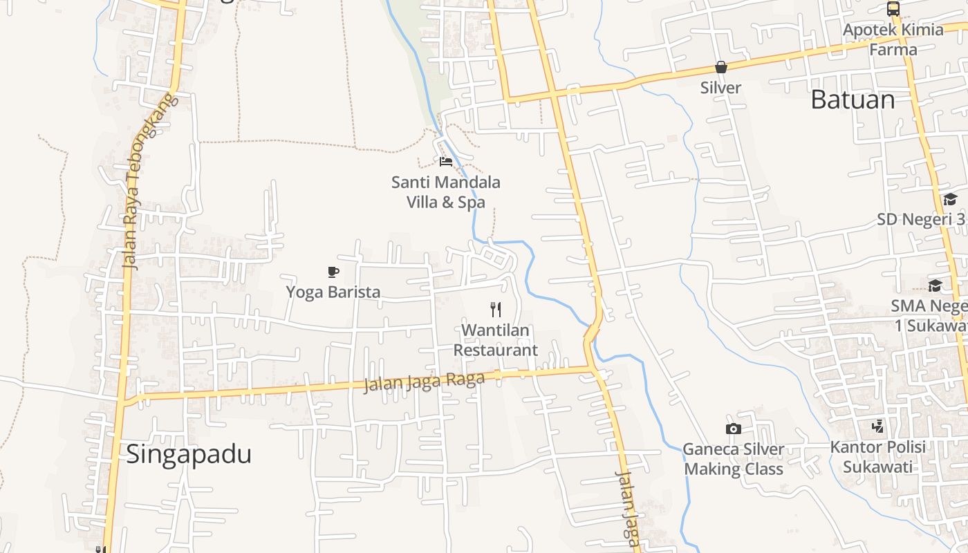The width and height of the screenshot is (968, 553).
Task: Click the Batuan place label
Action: point(853,100)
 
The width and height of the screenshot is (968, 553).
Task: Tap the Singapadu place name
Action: point(189,454)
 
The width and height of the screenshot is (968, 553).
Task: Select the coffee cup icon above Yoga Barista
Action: point(333,272)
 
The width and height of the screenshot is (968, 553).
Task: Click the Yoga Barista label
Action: point(333,292)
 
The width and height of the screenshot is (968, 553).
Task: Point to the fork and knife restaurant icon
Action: point(495,309)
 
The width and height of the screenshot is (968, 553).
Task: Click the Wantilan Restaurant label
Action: point(495,340)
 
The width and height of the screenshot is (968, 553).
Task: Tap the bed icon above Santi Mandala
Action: point(446,162)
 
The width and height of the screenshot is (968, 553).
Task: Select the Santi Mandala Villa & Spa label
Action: point(446,192)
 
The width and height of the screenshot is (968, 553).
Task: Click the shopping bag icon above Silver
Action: point(720,67)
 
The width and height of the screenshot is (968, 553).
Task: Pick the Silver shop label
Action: point(720,88)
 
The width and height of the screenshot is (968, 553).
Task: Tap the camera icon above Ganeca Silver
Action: point(733,429)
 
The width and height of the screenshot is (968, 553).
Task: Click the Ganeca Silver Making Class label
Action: point(733,459)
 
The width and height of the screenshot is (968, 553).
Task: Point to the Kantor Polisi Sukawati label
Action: point(877,456)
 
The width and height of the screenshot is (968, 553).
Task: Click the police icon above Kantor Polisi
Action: point(877,426)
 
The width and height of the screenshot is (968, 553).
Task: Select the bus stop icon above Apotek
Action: point(893,9)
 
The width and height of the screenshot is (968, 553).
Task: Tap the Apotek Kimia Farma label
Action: point(893,39)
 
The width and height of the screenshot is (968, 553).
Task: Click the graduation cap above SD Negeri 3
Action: point(950,200)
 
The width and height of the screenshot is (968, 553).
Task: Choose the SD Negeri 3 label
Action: point(921,219)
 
